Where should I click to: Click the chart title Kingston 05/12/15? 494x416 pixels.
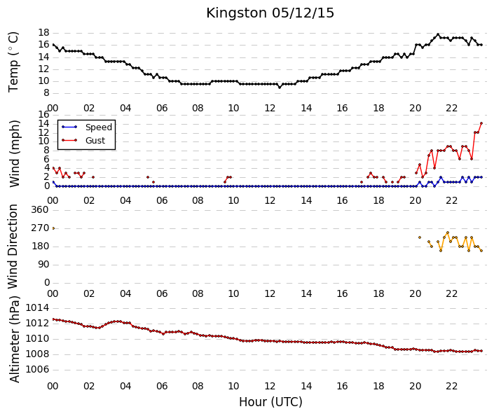tap(270, 13)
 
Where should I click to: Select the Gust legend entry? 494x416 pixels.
tap(83, 141)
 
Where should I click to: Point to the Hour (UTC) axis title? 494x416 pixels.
tap(270, 402)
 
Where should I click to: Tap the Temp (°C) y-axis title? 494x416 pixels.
tap(13, 62)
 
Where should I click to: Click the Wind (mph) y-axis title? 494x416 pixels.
tap(14, 153)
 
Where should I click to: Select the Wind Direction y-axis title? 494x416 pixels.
tap(13, 247)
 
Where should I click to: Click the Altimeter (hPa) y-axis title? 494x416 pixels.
tap(14, 339)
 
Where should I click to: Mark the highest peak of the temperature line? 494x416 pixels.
tap(438, 34)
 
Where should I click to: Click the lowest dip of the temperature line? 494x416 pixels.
tap(280, 88)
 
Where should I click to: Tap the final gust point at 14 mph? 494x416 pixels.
tap(481, 123)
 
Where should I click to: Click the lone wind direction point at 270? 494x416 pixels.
tap(53, 228)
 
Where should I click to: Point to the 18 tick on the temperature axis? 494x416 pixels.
tap(43, 32)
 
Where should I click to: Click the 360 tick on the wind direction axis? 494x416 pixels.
tap(40, 209)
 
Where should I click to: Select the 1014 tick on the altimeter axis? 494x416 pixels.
tap(37, 307)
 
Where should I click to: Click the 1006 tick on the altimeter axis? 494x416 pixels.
tap(37, 369)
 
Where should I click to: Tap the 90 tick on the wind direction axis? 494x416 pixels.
tap(43, 264)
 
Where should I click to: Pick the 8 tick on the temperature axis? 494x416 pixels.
tap(47, 93)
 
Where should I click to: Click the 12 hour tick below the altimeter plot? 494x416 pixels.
tap(270, 386)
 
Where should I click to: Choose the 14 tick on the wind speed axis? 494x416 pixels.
tap(43, 123)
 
